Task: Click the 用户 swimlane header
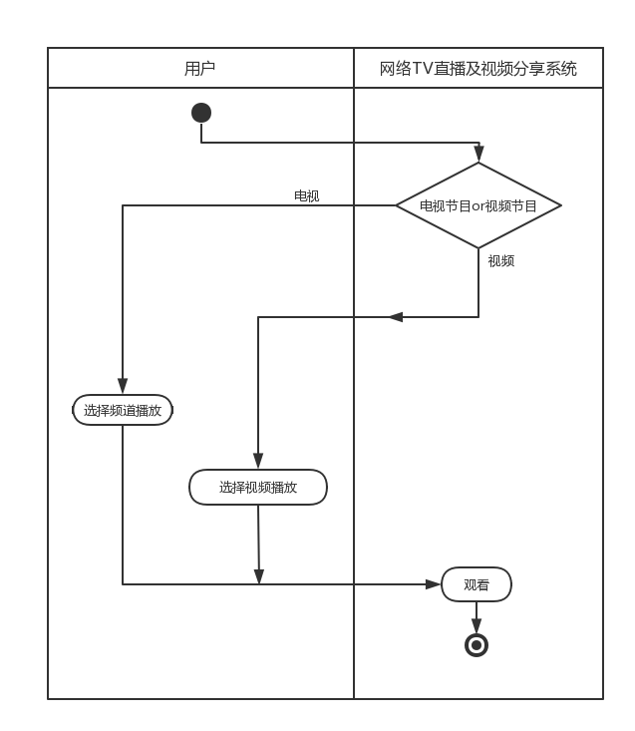(200, 68)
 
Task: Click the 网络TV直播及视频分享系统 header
(478, 68)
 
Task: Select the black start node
(201, 113)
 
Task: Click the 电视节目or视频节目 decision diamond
(478, 205)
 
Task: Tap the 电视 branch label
(306, 195)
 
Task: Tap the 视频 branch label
(500, 261)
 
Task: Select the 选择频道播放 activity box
(123, 410)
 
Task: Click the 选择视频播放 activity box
(258, 488)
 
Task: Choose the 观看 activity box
(476, 585)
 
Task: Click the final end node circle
(476, 645)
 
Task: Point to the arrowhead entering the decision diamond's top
(478, 155)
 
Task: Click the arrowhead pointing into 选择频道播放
(123, 386)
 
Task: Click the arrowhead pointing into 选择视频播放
(258, 461)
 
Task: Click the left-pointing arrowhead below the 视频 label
(396, 317)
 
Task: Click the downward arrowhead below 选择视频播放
(258, 576)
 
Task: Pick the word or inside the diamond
(477, 206)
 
